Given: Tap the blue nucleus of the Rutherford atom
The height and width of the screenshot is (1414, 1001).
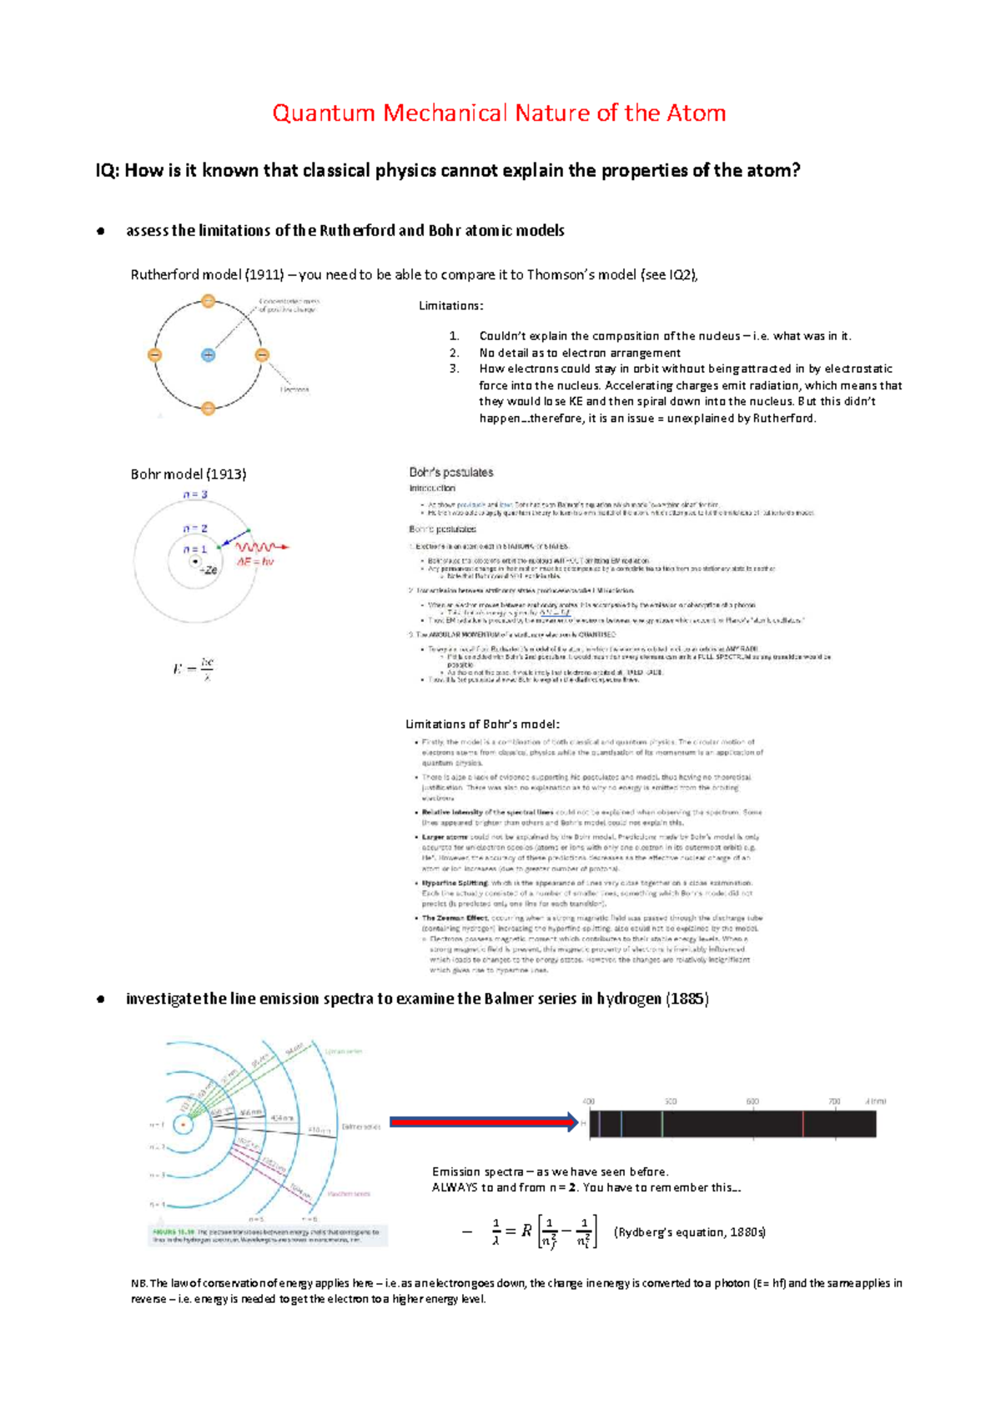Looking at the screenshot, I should [209, 355].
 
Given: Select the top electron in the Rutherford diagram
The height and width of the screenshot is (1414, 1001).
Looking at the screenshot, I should [209, 301].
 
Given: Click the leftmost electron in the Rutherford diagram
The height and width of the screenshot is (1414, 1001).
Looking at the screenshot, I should [154, 355].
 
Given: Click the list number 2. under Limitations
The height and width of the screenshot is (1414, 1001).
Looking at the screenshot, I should [455, 353].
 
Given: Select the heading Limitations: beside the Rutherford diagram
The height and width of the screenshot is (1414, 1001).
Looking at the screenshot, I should [450, 306].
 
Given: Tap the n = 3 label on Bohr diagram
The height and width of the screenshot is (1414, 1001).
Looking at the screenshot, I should [195, 494].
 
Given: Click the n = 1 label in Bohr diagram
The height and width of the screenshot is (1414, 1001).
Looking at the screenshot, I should [195, 549].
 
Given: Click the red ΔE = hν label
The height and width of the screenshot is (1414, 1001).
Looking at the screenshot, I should [255, 562].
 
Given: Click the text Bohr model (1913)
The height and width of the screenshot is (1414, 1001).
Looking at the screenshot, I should [189, 474].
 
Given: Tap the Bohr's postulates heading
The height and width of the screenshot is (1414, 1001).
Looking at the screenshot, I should [450, 472].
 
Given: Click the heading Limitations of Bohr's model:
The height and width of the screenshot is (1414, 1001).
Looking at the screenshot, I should [482, 724].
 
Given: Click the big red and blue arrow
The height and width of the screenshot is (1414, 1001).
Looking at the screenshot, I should [484, 1122].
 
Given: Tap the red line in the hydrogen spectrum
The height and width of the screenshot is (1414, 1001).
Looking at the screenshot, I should [802, 1124].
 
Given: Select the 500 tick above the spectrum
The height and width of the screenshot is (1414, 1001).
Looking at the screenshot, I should [670, 1101].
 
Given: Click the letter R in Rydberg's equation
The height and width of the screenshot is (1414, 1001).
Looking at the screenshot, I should [526, 1231].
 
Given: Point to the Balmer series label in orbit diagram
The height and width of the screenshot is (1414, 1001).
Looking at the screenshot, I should [361, 1126].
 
